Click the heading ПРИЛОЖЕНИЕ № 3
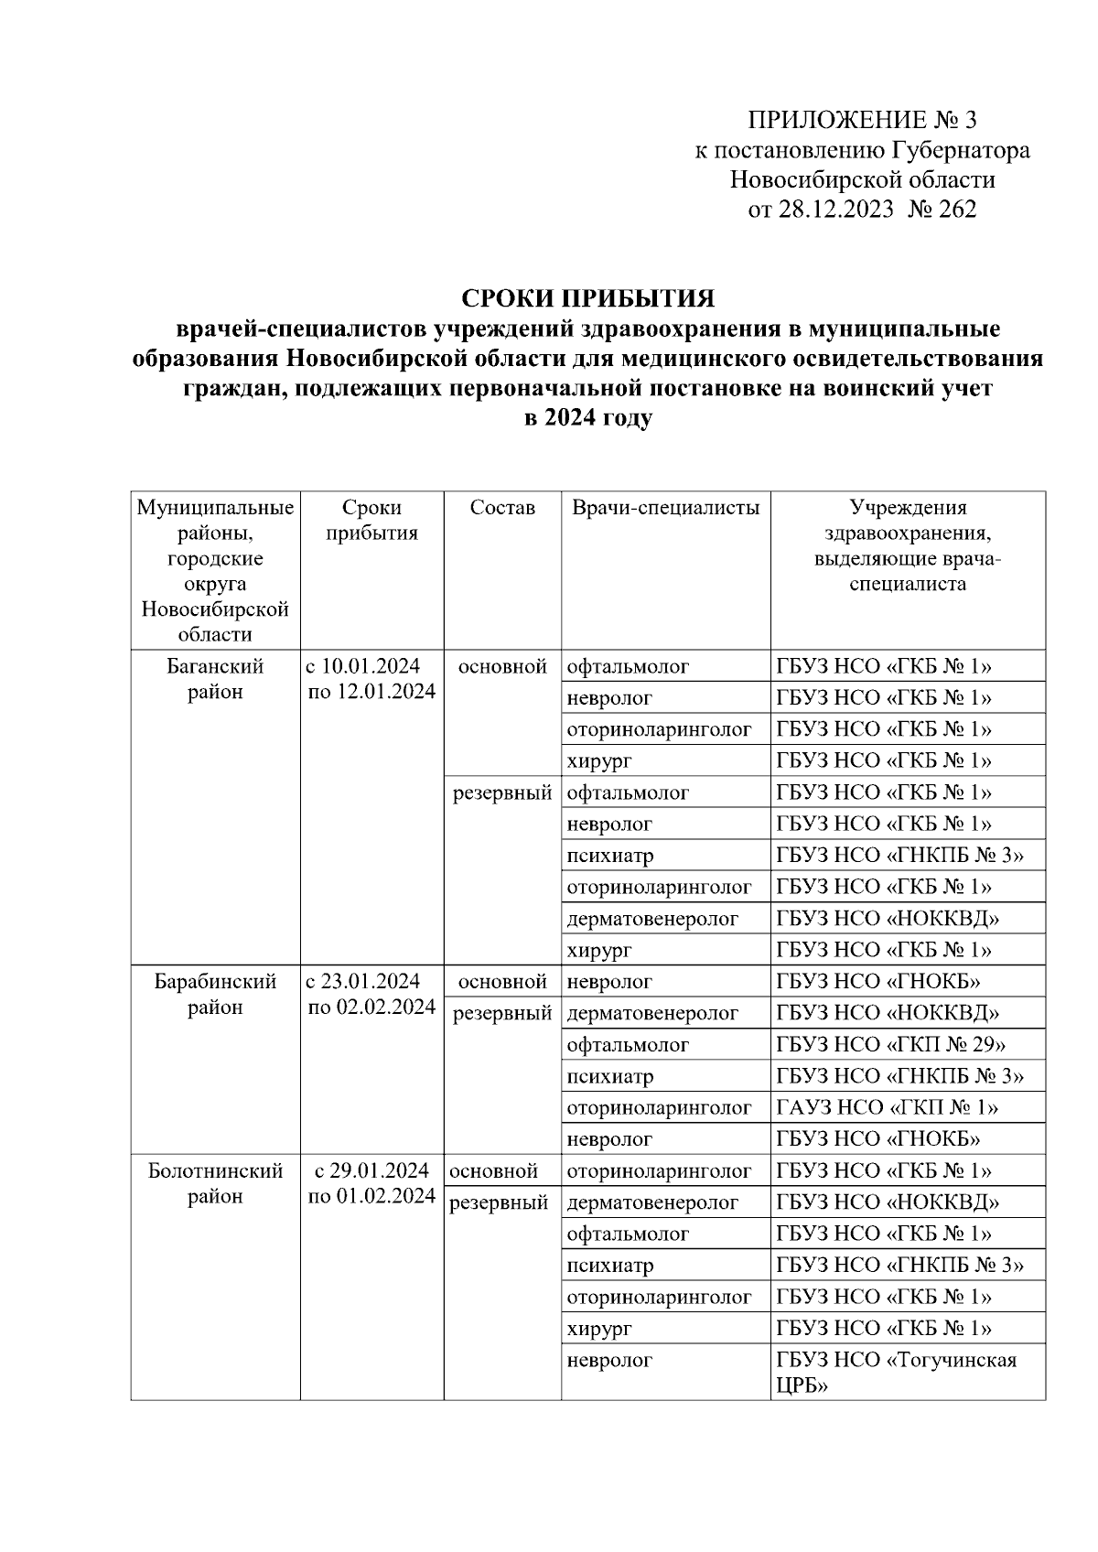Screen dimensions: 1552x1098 862,120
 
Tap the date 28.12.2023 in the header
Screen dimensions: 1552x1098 834,210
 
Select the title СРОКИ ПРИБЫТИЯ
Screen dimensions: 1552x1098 587,299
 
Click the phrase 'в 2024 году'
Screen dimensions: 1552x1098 587,418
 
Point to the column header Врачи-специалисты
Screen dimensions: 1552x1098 665,508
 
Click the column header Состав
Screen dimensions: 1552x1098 501,508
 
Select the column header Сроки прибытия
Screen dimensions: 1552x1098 371,521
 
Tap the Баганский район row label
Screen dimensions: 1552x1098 215,679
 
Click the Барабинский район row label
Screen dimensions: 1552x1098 215,995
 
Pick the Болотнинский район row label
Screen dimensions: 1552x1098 215,1183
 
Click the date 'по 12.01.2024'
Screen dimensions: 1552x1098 371,692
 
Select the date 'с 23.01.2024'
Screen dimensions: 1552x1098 363,982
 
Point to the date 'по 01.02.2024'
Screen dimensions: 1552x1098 371,1197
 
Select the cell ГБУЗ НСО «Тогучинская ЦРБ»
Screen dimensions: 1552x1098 896,1373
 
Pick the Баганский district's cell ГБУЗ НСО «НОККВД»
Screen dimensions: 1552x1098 887,919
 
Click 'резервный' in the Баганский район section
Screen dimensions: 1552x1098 502,793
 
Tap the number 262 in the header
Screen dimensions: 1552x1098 957,210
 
